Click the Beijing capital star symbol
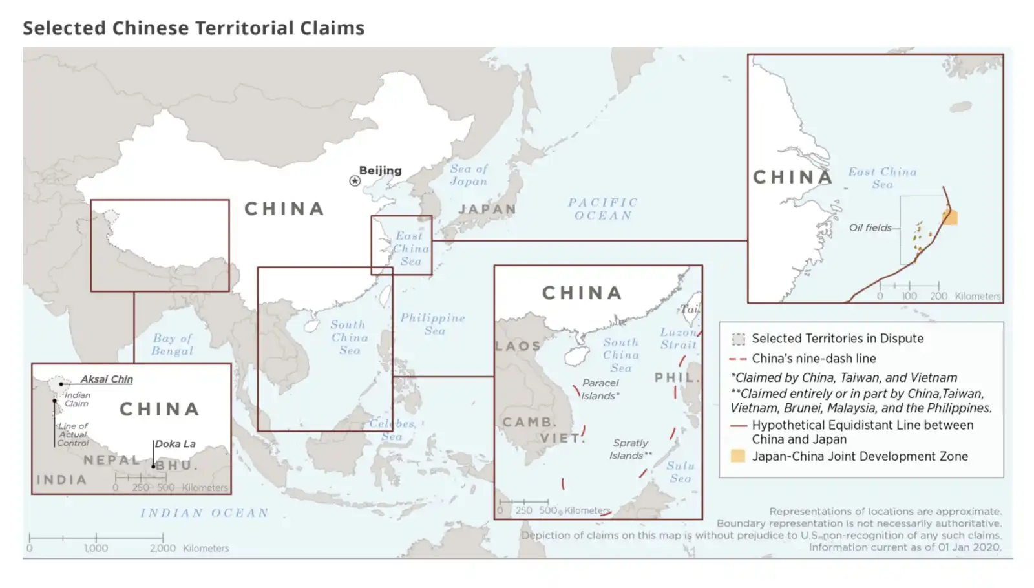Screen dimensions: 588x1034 (355, 181)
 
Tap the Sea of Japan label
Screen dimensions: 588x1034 (469, 175)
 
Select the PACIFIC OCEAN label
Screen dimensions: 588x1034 (603, 209)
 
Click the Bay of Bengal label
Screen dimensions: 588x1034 (172, 344)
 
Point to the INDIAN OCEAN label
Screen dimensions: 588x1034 (204, 513)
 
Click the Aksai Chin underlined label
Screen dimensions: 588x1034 (107, 379)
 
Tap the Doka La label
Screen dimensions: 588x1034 (175, 444)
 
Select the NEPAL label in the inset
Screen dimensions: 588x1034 (112, 460)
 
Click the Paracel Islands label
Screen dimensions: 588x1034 (600, 390)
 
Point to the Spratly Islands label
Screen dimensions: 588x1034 (630, 449)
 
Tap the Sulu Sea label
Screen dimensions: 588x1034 (681, 472)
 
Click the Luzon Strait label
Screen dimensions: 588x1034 (679, 338)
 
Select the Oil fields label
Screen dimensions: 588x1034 (870, 227)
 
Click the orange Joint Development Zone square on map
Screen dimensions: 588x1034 (950, 217)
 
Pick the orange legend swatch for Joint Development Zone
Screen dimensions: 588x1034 (737, 456)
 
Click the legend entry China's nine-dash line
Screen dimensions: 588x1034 (814, 359)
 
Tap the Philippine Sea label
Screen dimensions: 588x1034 (432, 324)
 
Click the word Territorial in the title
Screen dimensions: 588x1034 (245, 28)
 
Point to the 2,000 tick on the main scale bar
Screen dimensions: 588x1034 (163, 538)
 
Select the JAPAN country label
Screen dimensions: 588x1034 (487, 209)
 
